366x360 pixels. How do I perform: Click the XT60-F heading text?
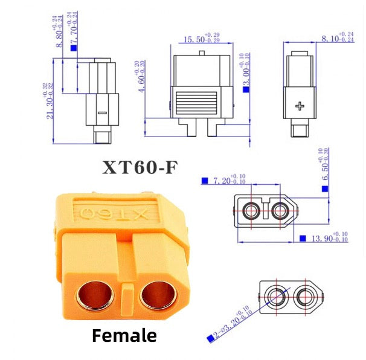140,167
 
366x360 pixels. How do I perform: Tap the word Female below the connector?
124,335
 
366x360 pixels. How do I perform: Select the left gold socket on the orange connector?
95,295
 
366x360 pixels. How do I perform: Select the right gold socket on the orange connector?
159,295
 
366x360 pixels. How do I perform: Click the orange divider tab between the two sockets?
127,297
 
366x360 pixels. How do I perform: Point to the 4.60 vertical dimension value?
141,77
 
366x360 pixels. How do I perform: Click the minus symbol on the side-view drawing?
101,113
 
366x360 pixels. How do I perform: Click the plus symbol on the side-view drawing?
300,107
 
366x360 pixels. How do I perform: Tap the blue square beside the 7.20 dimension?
205,181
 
